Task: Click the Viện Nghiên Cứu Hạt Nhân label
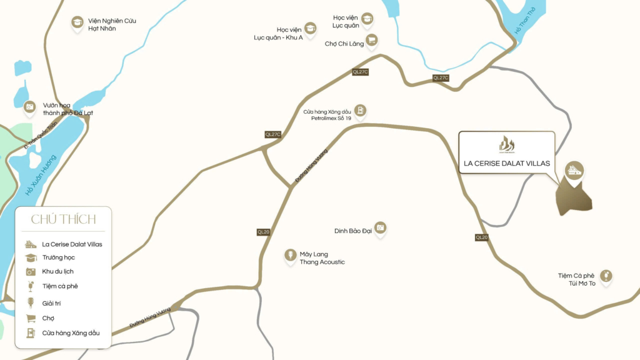point(112,24)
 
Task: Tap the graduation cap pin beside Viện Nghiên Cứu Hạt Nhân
point(77,23)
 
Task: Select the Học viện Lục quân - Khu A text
point(278,33)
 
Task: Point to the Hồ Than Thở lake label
point(526,22)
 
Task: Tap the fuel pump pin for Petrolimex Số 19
point(360,111)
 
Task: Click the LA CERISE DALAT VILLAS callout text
point(507,163)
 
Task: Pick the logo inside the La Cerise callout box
point(507,144)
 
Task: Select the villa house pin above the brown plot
point(574,169)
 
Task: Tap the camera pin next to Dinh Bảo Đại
point(380,229)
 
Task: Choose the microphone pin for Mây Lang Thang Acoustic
point(290,256)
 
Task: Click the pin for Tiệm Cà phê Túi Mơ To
point(604,276)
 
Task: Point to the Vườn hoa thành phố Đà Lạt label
point(67,109)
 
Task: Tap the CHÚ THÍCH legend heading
point(63,219)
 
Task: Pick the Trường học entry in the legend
point(62,257)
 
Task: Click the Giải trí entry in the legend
point(52,303)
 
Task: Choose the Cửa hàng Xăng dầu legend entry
point(71,333)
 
